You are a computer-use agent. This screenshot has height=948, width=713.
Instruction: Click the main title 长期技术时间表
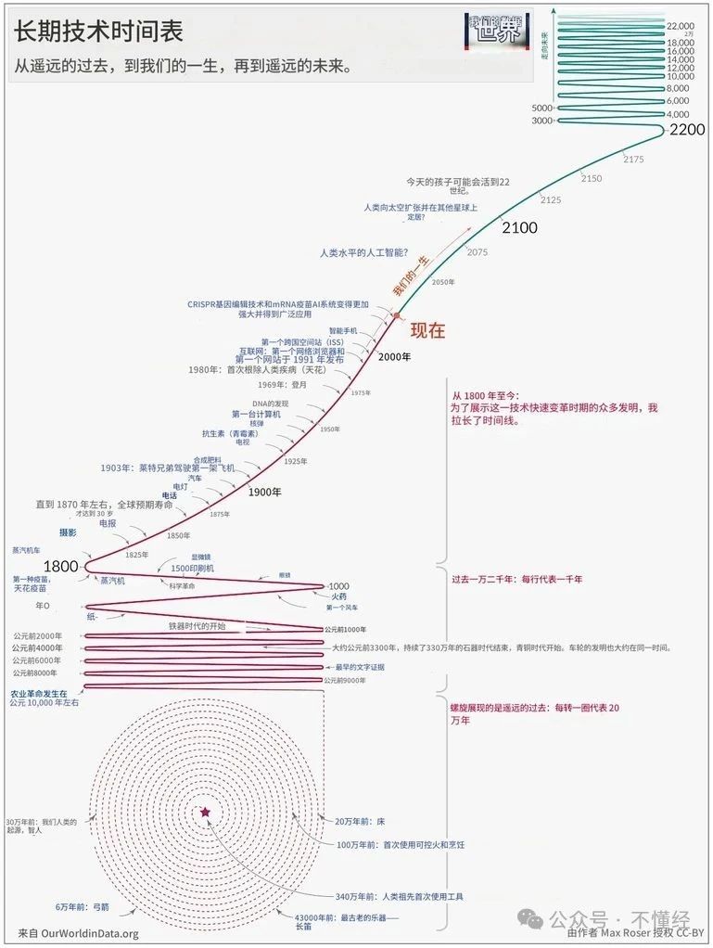pos(97,31)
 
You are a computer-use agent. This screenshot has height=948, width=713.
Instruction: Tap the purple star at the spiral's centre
pos(205,813)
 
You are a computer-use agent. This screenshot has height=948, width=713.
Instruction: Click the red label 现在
pos(427,330)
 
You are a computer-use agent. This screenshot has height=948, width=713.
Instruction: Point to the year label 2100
pos(519,227)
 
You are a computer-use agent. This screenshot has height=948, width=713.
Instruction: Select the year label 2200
pos(687,129)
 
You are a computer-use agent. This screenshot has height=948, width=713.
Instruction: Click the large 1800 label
pos(61,566)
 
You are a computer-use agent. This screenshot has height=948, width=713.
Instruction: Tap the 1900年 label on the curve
pos(264,493)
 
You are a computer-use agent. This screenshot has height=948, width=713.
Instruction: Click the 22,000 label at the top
pos(680,26)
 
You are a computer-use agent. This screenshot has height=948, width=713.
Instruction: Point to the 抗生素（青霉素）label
pos(231,432)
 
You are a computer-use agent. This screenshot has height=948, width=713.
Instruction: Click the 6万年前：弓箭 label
pos(83,906)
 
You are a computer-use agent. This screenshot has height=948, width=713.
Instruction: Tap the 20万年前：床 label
pos(352,822)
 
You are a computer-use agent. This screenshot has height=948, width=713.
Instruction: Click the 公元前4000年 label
pos(38,647)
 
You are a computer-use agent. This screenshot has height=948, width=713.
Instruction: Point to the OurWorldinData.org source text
pos(78,933)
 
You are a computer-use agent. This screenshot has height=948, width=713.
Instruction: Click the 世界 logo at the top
pos(498,32)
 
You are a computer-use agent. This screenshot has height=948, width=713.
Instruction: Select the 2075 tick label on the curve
pos(477,252)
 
